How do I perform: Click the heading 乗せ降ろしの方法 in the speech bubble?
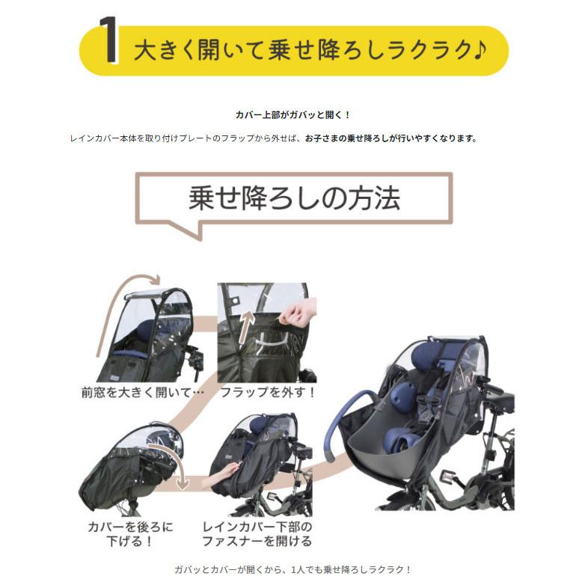[x=294, y=199]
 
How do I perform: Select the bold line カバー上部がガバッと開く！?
[x=293, y=115]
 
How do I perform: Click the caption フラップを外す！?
[x=268, y=392]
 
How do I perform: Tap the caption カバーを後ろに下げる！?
[x=130, y=533]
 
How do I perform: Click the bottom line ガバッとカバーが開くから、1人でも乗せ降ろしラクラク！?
[x=293, y=570]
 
